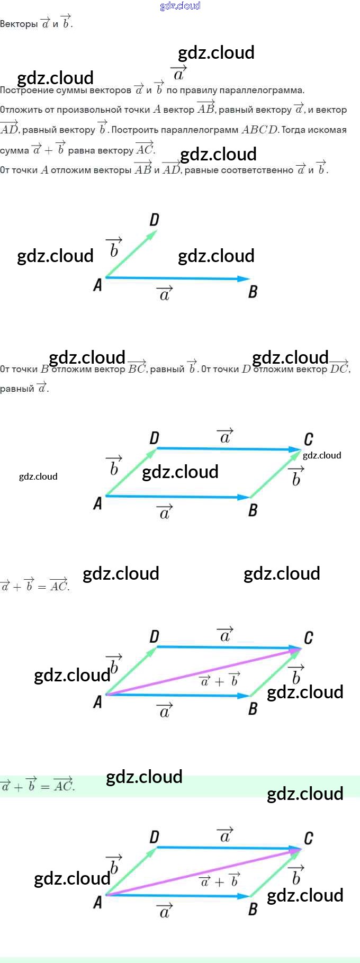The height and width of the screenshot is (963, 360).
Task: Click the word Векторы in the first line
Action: click(x=19, y=24)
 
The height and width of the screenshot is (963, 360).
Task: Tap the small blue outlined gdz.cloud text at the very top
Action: click(x=180, y=6)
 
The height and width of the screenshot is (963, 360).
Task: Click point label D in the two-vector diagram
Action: click(x=154, y=220)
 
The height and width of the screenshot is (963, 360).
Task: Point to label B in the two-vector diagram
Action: click(x=253, y=291)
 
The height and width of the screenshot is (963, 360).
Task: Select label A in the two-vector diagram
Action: click(x=97, y=285)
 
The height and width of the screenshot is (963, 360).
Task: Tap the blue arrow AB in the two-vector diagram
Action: click(x=177, y=278)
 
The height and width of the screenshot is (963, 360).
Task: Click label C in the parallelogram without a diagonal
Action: click(x=308, y=439)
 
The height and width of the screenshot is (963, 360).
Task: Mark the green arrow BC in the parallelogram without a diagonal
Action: click(x=275, y=473)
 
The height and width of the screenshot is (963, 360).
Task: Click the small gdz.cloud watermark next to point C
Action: click(x=322, y=455)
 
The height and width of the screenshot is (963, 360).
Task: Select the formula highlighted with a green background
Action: click(x=37, y=786)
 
